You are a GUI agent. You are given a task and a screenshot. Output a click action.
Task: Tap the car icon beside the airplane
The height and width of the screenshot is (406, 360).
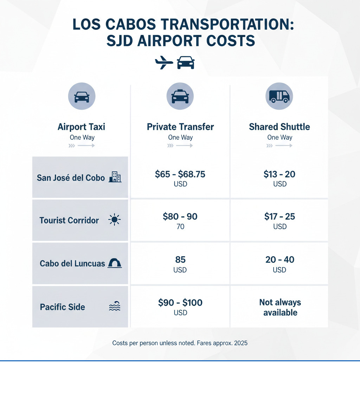pyautogui.click(x=186, y=63)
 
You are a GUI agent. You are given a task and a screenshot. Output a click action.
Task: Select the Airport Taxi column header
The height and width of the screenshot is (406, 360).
pyautogui.click(x=81, y=127)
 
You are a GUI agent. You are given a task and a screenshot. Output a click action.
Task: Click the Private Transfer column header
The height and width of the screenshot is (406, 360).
pyautogui.click(x=180, y=127)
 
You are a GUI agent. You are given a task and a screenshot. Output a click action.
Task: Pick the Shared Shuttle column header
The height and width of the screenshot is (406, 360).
pyautogui.click(x=279, y=127)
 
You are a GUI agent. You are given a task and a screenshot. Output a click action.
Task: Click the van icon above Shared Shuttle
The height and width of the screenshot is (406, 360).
pyautogui.click(x=279, y=96)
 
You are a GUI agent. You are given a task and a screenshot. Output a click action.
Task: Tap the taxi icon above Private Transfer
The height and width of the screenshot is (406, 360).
pyautogui.click(x=180, y=96)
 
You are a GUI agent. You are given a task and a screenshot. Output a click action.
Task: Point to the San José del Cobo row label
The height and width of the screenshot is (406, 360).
pyautogui.click(x=71, y=178)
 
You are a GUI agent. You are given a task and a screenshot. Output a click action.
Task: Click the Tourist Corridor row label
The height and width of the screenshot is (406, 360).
pyautogui.click(x=69, y=221)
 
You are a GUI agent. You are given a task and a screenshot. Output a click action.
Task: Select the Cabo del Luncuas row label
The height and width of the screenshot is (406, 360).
pyautogui.click(x=72, y=264)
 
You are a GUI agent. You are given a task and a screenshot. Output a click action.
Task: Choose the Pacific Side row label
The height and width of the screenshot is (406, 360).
pyautogui.click(x=63, y=307)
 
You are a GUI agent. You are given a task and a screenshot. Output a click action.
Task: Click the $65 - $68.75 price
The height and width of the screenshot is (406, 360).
pyautogui.click(x=180, y=174)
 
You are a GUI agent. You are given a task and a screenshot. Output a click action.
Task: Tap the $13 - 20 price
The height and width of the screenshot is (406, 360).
pyautogui.click(x=280, y=174)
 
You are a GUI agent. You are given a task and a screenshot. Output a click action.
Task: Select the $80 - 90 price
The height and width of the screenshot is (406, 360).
pyautogui.click(x=180, y=217)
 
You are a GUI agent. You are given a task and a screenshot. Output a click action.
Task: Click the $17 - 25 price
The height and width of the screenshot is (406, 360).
pyautogui.click(x=280, y=217)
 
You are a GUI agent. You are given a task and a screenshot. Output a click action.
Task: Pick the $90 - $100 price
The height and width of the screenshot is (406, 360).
pyautogui.click(x=180, y=303)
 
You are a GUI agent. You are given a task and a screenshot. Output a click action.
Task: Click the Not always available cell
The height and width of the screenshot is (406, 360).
pyautogui.click(x=280, y=307)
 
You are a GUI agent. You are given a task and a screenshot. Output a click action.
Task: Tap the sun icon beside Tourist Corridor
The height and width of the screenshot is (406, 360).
pyautogui.click(x=115, y=220)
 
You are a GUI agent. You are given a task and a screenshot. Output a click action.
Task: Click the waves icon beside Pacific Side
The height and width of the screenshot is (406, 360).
pyautogui.click(x=115, y=307)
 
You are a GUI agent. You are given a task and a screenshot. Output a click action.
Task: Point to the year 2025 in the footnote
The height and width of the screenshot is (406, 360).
pyautogui.click(x=240, y=343)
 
